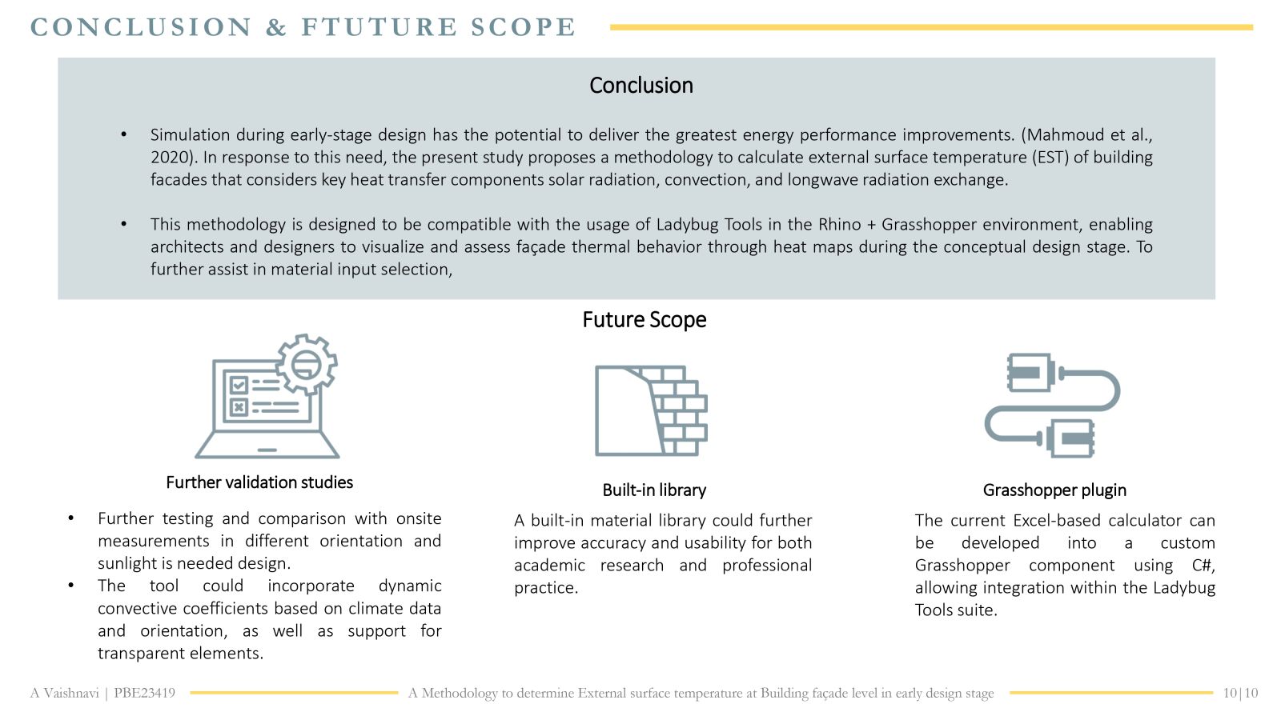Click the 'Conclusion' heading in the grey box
(x=641, y=86)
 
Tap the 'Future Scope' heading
(x=645, y=319)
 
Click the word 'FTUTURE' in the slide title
(x=379, y=27)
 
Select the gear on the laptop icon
(x=307, y=364)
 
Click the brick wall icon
(x=652, y=410)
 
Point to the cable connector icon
(x=1052, y=405)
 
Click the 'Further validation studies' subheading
(x=259, y=482)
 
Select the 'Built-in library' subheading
(x=654, y=490)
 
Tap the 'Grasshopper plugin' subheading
(x=1054, y=490)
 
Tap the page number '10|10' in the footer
(x=1240, y=693)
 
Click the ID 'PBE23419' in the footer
(x=145, y=693)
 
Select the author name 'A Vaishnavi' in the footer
(x=65, y=693)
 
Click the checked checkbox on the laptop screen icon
(x=239, y=385)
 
